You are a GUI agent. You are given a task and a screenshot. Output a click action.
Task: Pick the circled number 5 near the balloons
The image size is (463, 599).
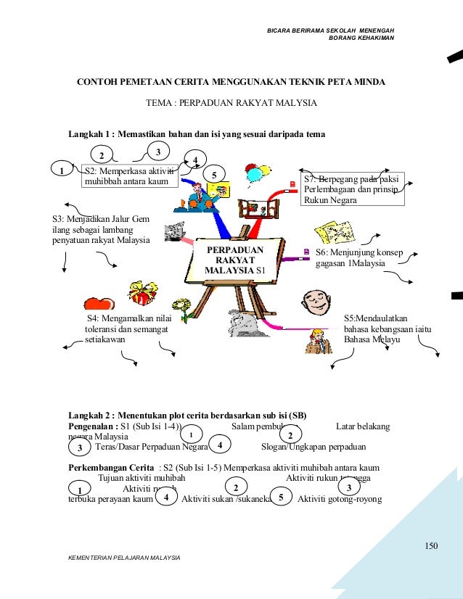point(214,174)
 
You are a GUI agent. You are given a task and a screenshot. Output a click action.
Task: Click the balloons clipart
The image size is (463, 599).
point(253,175)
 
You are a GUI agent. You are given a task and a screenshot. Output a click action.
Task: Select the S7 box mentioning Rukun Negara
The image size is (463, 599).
point(351,189)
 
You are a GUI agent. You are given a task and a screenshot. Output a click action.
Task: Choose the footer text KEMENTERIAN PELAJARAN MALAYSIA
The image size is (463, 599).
point(124,556)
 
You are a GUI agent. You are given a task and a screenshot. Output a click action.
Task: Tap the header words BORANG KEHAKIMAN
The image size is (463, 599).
point(361,37)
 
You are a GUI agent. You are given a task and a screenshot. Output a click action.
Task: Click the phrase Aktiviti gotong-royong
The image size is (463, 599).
point(340,499)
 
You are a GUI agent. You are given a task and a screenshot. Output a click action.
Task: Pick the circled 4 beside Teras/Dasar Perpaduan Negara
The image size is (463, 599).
point(219,444)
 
